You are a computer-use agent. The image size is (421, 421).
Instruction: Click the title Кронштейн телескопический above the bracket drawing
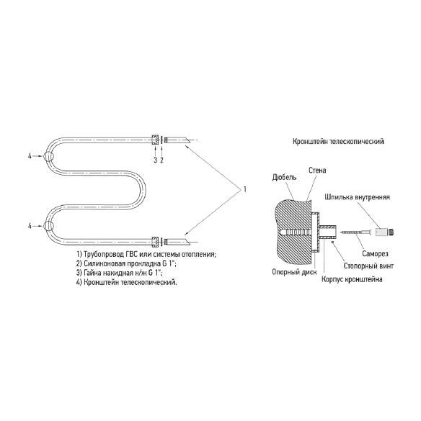[x=338, y=141]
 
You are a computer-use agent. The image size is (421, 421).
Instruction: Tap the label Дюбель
[x=284, y=177]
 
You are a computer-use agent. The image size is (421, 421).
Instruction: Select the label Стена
[x=317, y=171]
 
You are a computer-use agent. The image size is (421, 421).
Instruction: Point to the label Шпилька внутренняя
[x=358, y=197]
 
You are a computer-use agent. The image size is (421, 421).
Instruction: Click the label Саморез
[x=376, y=253]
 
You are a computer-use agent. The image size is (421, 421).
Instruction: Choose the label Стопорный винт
[x=368, y=266]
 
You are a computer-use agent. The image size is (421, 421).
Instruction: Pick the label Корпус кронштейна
[x=352, y=279]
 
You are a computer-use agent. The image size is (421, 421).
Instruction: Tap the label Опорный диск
[x=294, y=272]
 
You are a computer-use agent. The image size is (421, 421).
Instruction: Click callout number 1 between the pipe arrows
[x=245, y=189]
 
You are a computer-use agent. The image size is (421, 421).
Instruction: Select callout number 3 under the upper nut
[x=155, y=160]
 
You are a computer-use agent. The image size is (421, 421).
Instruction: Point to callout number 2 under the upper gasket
[x=161, y=160]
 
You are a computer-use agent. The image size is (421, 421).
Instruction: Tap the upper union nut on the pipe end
[x=155, y=140]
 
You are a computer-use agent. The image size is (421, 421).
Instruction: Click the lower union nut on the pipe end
[x=155, y=242]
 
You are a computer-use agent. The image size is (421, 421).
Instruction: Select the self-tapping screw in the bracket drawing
[x=355, y=232]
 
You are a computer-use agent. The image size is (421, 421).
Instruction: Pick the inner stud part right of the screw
[x=385, y=232]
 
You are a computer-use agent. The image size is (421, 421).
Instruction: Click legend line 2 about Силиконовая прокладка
[x=126, y=263]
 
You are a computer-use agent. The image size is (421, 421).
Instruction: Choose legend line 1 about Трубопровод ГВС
[x=146, y=254]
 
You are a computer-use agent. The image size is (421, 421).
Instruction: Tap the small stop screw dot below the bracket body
[x=333, y=243]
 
